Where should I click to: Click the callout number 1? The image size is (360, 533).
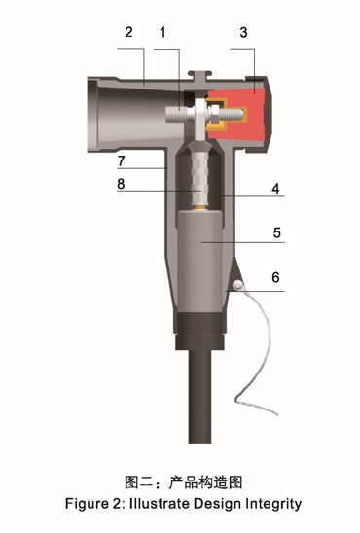162,32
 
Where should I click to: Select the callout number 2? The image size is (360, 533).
128,32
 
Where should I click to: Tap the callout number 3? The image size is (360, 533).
243,33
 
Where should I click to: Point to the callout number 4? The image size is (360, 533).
275,189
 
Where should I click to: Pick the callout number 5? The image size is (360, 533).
277,232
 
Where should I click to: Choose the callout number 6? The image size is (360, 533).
275,278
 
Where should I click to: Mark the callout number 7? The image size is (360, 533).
121,160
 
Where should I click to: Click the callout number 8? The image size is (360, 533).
121,184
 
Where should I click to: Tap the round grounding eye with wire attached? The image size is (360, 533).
238,285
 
